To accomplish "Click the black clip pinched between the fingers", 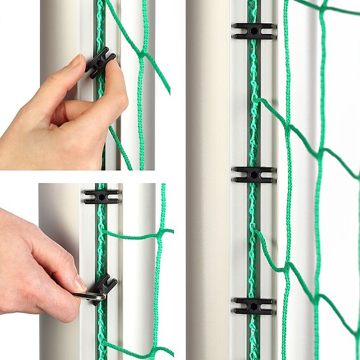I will click(x=99, y=62).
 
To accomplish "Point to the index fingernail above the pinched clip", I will click(x=73, y=62).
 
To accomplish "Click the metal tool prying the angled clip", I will click(x=89, y=297).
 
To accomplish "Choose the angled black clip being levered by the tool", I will click(x=104, y=285).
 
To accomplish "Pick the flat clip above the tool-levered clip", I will click(x=101, y=196).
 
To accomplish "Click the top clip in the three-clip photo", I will click(x=253, y=31).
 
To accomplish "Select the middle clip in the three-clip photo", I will click(x=253, y=174).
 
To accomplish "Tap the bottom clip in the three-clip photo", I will click(x=253, y=306).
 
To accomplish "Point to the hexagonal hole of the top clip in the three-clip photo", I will click(x=253, y=31).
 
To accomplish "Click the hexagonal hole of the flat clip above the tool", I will click(x=101, y=196).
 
